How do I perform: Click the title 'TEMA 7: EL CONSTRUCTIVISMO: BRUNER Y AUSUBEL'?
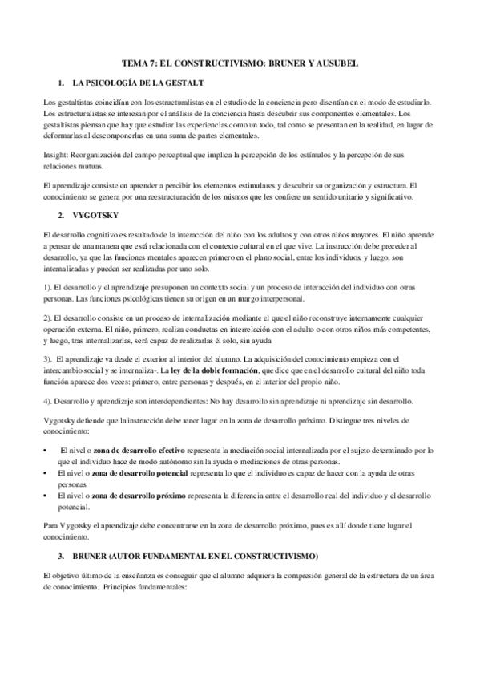click(240, 63)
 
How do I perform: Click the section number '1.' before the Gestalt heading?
click(62, 83)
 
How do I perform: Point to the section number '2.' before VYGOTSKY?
click(62, 216)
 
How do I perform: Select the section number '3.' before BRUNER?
click(62, 555)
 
